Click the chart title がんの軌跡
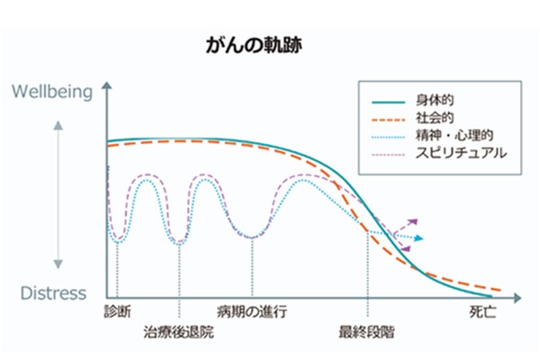254,46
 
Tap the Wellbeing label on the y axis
52,92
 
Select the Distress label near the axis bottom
53,293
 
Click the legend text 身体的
435,100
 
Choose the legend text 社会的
435,118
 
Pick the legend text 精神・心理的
454,135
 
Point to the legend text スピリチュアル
461,153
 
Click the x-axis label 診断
117,311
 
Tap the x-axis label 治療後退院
179,332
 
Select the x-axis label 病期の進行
252,311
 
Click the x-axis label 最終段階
366,332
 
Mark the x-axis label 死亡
482,311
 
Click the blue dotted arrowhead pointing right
418,238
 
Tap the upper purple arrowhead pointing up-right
413,221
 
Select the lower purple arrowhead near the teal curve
407,248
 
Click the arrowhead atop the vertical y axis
107,85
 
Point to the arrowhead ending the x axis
517,298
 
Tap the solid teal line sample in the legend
388,102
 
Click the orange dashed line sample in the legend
388,120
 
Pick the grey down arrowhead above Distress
58,265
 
